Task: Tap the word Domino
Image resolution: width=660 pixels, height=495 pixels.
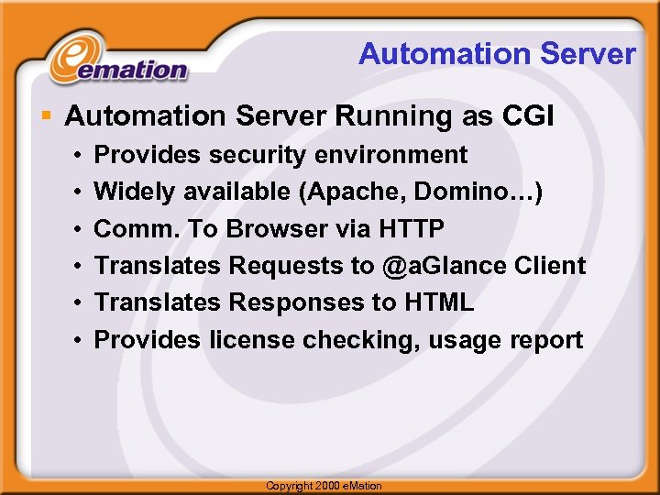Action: pos(465,192)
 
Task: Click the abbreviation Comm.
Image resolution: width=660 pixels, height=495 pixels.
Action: pos(136,228)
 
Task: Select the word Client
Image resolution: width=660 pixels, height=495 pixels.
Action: pos(550,266)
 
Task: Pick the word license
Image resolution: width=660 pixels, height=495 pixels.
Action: pos(252,340)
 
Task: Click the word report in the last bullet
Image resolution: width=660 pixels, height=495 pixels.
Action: pos(547,340)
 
